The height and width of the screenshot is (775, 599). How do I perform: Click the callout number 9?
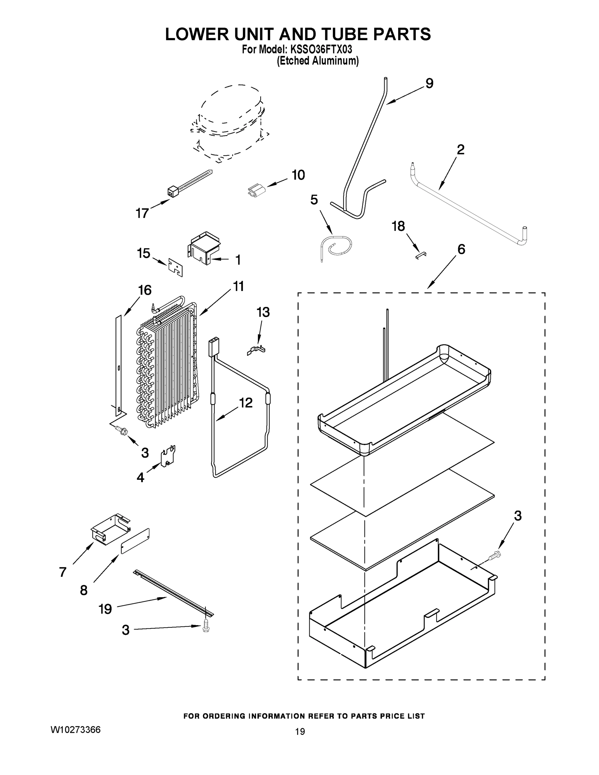pos(429,84)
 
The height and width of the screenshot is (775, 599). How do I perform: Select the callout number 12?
pos(245,403)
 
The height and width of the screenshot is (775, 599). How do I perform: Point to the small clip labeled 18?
pos(421,254)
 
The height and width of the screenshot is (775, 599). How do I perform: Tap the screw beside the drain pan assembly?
pos(494,556)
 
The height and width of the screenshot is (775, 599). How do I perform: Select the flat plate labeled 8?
pos(135,541)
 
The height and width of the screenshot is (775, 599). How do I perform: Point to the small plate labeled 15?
pos(175,266)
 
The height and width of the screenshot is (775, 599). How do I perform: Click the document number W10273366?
pos(76,729)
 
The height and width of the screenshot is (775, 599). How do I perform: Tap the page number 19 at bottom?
pos(300,731)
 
